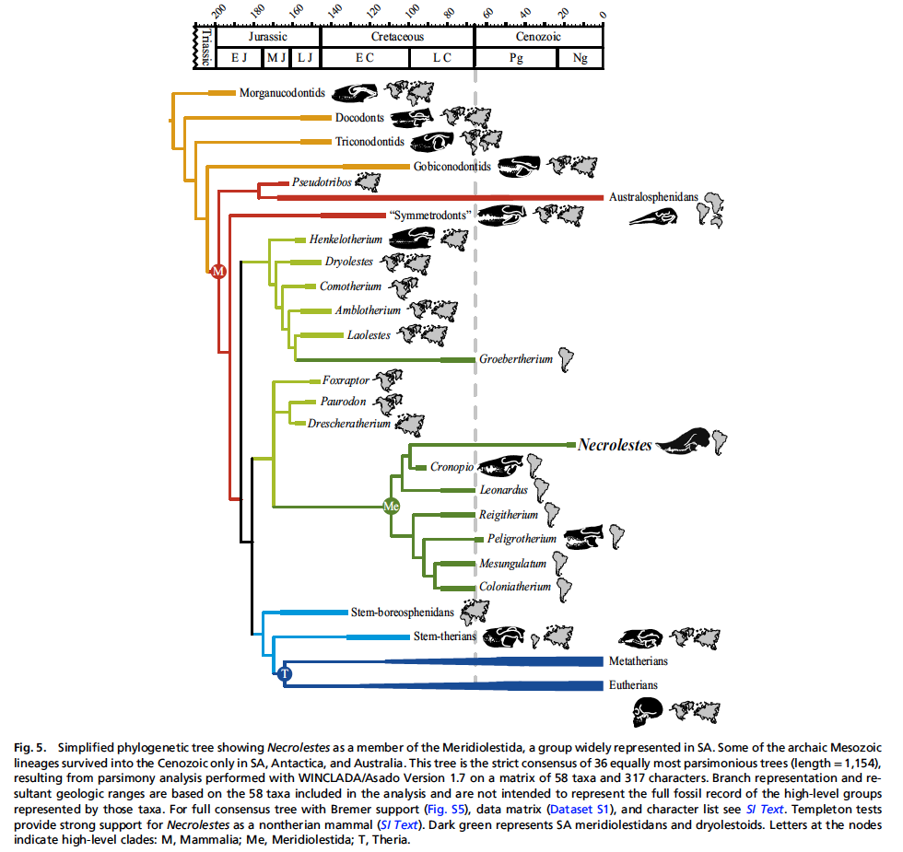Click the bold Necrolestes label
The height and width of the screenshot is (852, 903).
point(614,445)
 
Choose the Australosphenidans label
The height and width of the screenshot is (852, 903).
point(652,197)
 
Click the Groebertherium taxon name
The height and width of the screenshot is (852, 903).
point(515,359)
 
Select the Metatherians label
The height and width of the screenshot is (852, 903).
point(639,660)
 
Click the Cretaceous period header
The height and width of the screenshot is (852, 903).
point(397,37)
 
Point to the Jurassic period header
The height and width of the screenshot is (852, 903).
point(267,37)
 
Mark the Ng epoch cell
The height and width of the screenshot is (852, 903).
point(580,58)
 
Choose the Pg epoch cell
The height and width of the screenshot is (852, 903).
point(516,58)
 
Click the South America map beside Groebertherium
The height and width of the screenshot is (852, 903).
point(566,359)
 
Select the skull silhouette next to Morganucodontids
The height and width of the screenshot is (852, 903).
point(356,92)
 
